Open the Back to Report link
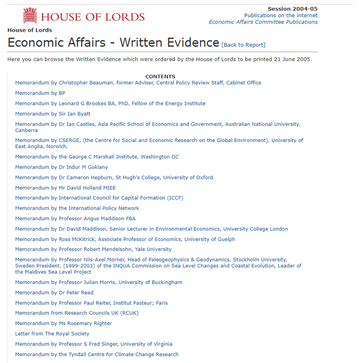point(243,45)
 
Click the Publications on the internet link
point(281,15)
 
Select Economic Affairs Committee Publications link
point(263,22)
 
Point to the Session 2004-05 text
point(292,9)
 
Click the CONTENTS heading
point(160,77)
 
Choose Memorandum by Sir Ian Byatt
point(53,114)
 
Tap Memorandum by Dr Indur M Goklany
point(61,167)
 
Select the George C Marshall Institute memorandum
point(97,157)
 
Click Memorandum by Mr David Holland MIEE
point(65,188)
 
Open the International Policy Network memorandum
point(77,208)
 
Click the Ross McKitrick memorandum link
point(125,239)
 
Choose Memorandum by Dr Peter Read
point(54,292)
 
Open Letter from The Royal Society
point(52,334)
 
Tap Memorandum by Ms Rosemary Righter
point(64,323)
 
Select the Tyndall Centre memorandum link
point(96,354)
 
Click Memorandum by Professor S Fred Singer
point(94,344)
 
